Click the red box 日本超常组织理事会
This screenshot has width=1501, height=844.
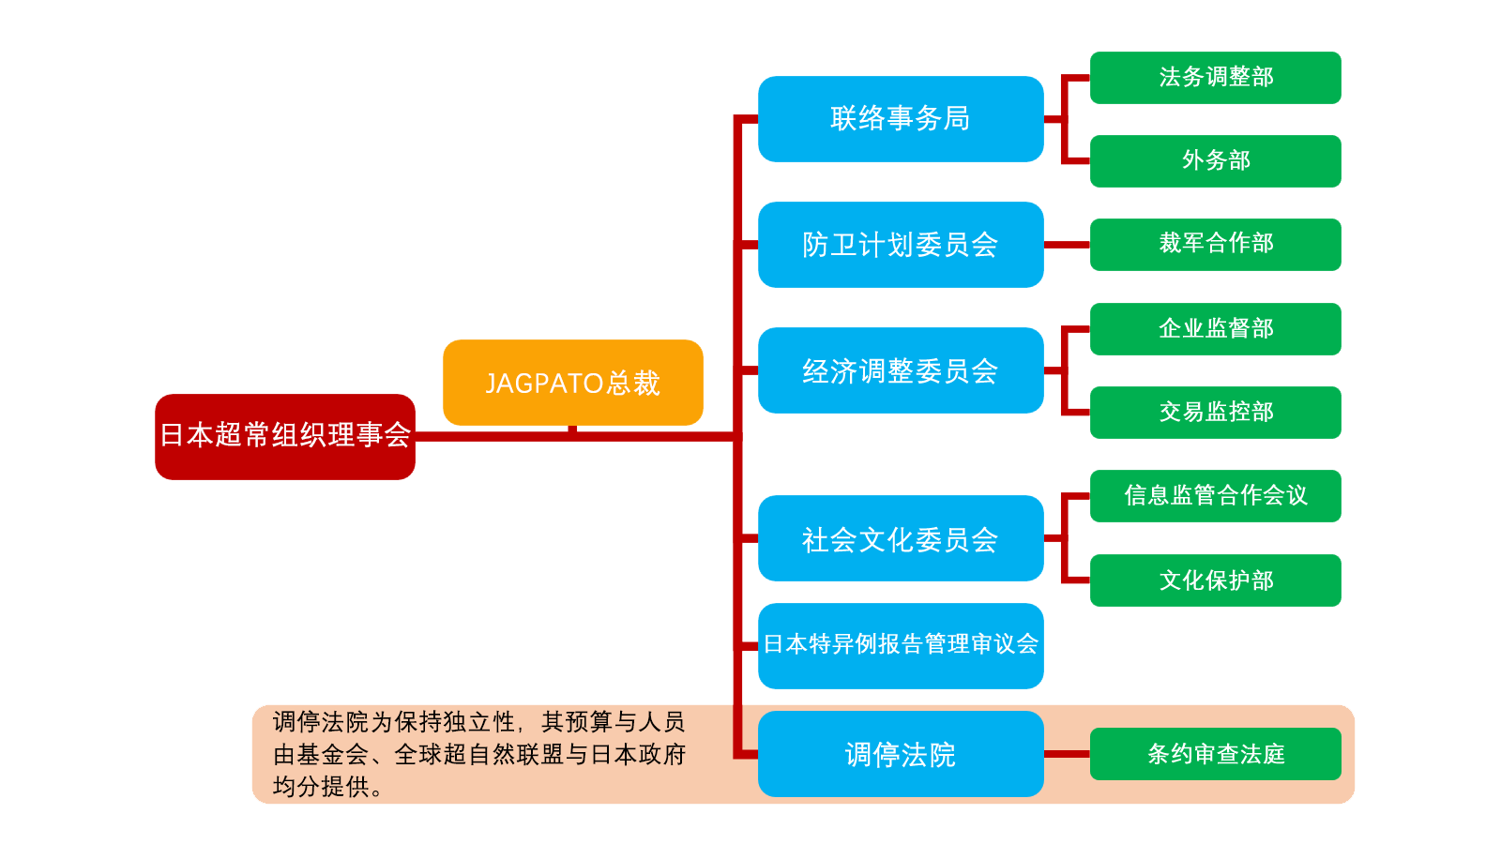284,436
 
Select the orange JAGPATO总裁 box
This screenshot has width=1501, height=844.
572,382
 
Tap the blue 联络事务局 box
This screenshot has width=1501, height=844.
900,119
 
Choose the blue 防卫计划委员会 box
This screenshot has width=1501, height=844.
900,245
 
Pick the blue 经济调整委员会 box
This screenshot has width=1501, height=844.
900,370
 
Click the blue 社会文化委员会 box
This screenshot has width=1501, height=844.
900,538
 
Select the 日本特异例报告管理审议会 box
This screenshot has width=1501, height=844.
900,645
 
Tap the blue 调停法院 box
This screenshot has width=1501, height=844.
900,754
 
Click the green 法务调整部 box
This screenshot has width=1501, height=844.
1215,77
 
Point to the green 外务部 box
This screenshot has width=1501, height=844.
1215,160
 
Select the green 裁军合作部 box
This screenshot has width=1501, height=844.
1215,244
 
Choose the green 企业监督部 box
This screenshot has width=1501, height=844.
1215,328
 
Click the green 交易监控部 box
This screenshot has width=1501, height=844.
1215,412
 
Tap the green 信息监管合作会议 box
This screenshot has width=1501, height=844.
1215,495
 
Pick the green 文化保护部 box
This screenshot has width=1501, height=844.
1215,580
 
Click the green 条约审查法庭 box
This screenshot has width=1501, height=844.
1215,753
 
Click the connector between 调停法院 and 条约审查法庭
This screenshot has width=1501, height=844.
1067,753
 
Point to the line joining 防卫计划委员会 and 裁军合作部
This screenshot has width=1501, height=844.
1067,245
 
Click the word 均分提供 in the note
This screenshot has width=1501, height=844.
321,787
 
